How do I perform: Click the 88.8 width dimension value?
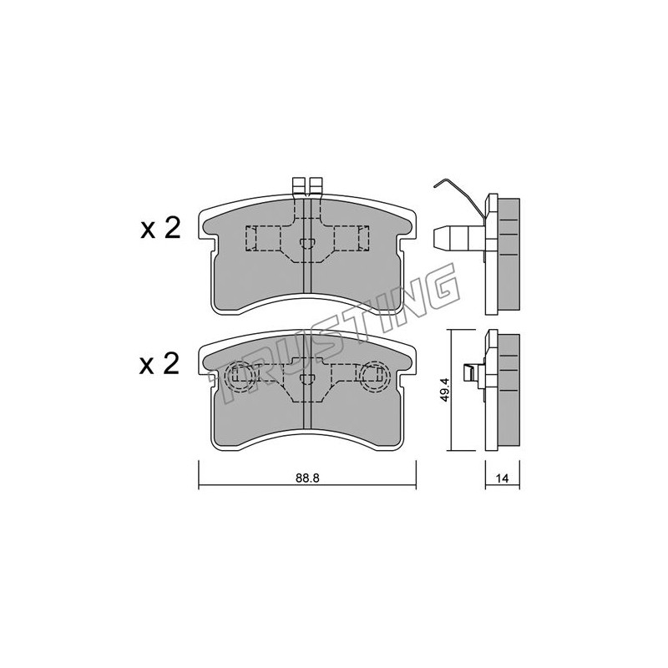[307, 478]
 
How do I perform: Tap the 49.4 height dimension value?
[445, 392]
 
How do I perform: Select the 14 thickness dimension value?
[503, 478]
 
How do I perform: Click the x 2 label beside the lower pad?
[159, 365]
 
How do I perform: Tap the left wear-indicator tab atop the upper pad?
[299, 186]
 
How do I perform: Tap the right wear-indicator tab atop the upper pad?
[316, 186]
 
